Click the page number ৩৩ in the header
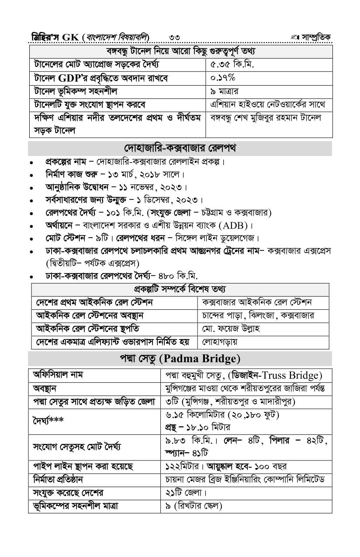[x=173, y=37]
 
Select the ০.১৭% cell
[x=223, y=78]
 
